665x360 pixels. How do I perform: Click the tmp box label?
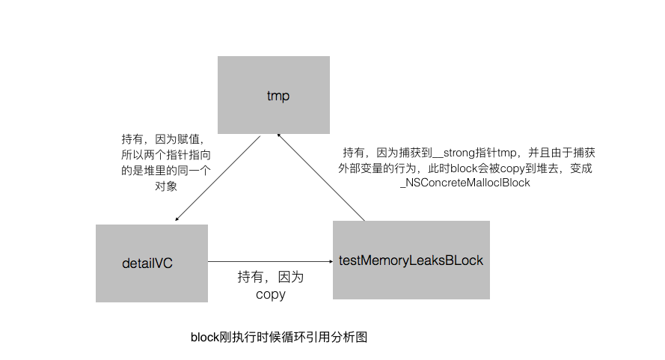tap(278, 96)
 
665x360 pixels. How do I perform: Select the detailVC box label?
tap(152, 263)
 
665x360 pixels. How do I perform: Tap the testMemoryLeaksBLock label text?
tap(411, 260)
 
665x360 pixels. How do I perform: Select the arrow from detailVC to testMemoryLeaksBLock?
tap(269, 261)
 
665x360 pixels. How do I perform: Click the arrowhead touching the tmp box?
tap(278, 135)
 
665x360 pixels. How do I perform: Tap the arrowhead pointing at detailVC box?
tap(177, 219)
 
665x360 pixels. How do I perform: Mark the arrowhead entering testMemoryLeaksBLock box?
tap(330, 261)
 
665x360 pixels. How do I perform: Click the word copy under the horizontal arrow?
tap(270, 294)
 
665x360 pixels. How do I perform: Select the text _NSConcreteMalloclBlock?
tap(465, 183)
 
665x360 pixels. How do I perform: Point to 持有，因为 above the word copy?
tap(270, 277)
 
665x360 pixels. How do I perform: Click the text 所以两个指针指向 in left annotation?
tap(166, 155)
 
